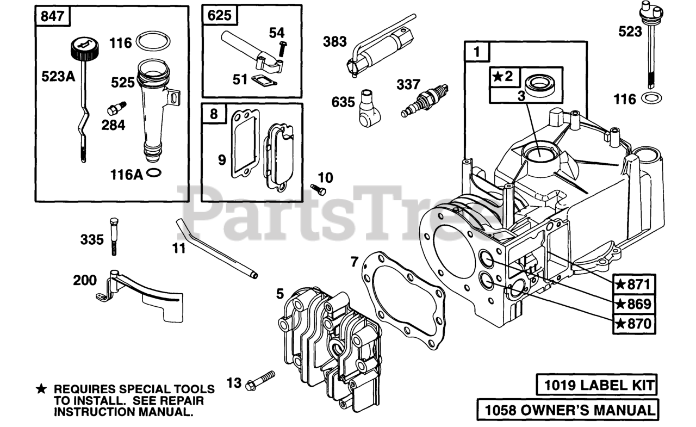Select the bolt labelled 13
click(261, 380)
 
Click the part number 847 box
click(53, 16)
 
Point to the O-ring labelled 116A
click(154, 174)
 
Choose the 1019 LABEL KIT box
click(596, 385)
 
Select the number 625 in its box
click(220, 16)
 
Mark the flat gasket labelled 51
click(264, 81)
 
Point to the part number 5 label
click(279, 294)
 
